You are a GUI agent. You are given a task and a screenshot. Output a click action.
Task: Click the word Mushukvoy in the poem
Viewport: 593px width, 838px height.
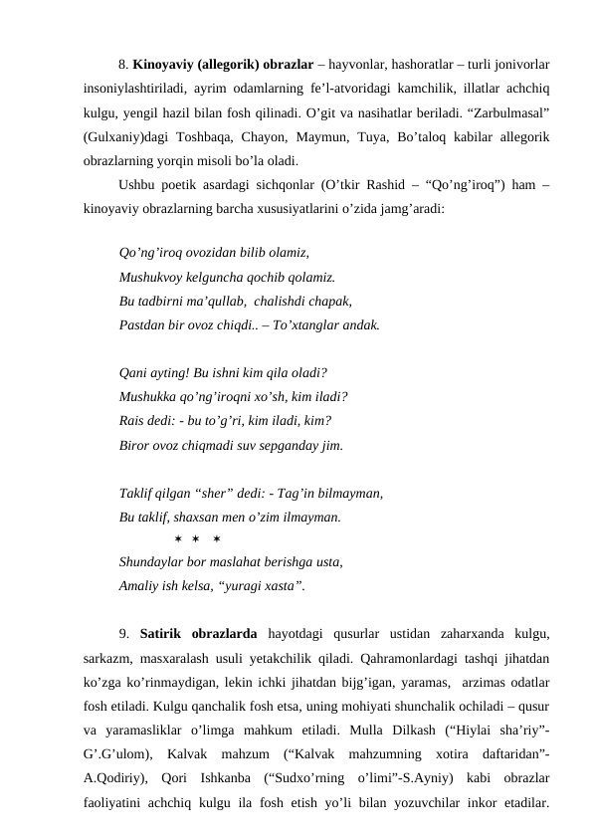155,277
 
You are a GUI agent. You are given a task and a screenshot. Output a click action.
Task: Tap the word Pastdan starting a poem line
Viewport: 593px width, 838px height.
142,324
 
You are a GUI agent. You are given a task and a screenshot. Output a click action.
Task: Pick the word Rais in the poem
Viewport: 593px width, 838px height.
132,421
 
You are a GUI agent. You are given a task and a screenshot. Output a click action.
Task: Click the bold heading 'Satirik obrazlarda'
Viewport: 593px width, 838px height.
200,634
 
